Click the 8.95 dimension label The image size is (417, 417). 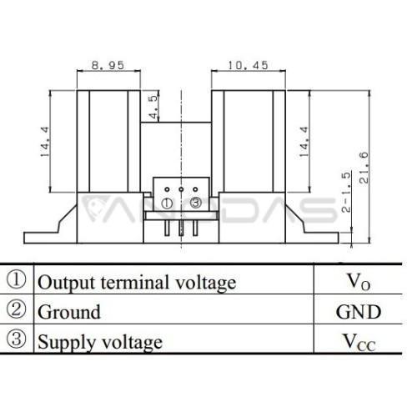pyautogui.click(x=108, y=65)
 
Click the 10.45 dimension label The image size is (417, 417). pyautogui.click(x=249, y=65)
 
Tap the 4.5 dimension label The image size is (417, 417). pyautogui.click(x=153, y=107)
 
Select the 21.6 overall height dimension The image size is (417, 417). pyautogui.click(x=364, y=168)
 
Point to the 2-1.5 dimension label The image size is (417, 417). pyautogui.click(x=346, y=193)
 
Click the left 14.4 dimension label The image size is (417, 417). pyautogui.click(x=45, y=142)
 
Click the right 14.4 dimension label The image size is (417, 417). pyautogui.click(x=304, y=142)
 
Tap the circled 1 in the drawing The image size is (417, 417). pyautogui.click(x=167, y=203)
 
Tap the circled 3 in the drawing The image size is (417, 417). pyautogui.click(x=195, y=203)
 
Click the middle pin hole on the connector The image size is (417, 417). pyautogui.click(x=181, y=189)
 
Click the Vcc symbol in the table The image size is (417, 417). pyautogui.click(x=359, y=342)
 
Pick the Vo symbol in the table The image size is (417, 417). pyautogui.click(x=359, y=282)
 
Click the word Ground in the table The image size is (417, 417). pyautogui.click(x=69, y=312)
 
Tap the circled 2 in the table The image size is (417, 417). pyautogui.click(x=16, y=309)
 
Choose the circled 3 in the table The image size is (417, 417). pyautogui.click(x=16, y=339)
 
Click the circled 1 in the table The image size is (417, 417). pyautogui.click(x=16, y=279)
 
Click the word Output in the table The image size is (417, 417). pyautogui.click(x=67, y=283)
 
